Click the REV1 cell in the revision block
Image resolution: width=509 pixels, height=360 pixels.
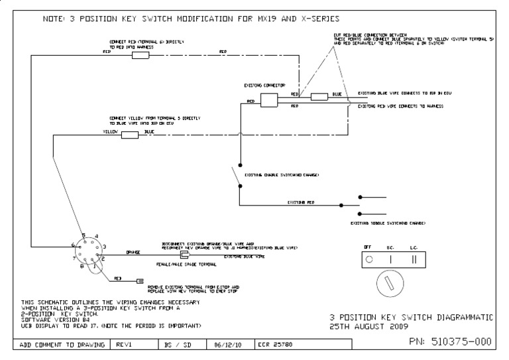127,344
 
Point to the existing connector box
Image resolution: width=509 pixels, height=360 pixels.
268,99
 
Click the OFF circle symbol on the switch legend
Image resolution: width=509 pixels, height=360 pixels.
368,259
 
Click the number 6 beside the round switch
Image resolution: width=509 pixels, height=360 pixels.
74,245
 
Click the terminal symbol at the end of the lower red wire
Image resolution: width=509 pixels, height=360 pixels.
140,281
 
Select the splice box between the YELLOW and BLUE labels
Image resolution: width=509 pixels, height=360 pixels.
130,135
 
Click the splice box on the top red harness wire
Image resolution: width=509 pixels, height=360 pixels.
141,56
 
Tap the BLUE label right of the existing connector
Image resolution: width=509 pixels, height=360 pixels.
337,94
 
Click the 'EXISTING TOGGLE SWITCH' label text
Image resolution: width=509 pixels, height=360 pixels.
388,223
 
